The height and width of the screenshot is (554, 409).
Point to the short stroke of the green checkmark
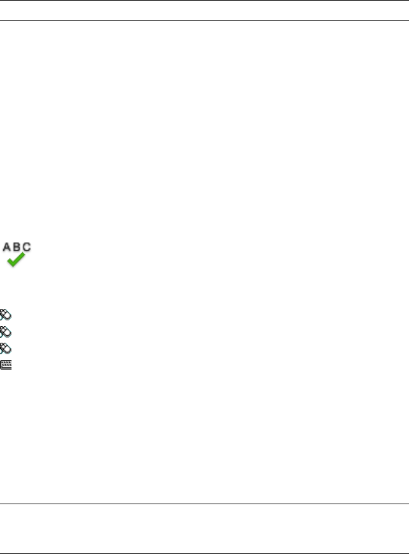(11, 262)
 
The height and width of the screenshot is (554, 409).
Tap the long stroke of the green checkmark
(21, 258)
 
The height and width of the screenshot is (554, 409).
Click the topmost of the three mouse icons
(6, 315)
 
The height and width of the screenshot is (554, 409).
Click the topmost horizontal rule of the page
(204, 1)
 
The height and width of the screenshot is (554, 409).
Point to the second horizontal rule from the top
(204, 20)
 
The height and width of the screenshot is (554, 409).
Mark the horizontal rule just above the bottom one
(204, 504)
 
